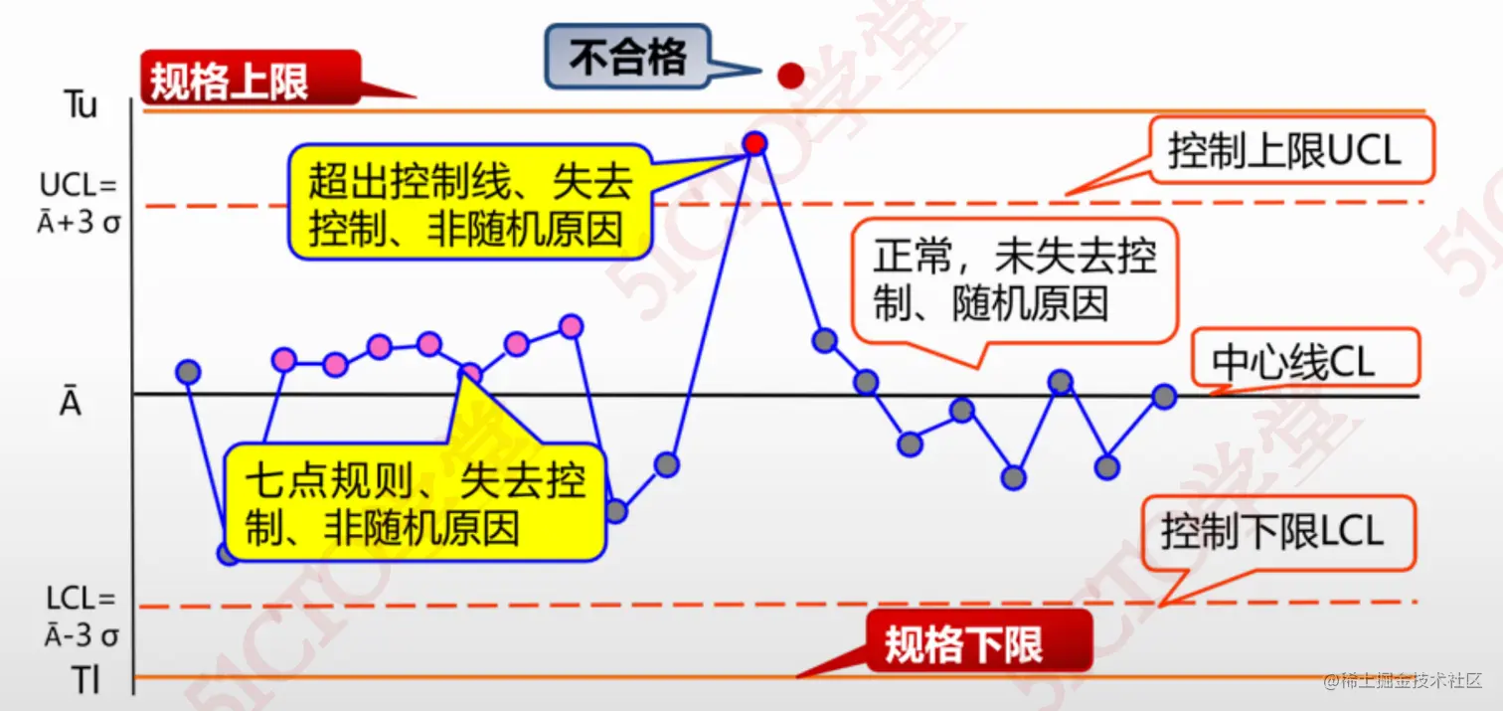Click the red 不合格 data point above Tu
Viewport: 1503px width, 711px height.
click(790, 75)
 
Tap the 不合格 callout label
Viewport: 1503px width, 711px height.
click(628, 58)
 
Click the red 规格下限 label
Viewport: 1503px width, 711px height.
click(964, 642)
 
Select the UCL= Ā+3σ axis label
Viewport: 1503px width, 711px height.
click(79, 203)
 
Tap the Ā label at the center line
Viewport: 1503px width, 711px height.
click(70, 403)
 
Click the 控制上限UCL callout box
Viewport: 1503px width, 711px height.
click(1290, 150)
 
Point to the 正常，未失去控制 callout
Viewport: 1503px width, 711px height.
click(1015, 279)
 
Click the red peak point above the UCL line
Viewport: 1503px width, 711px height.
click(754, 143)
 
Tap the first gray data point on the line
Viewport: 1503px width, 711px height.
click(188, 372)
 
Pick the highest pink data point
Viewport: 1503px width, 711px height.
click(571, 325)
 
